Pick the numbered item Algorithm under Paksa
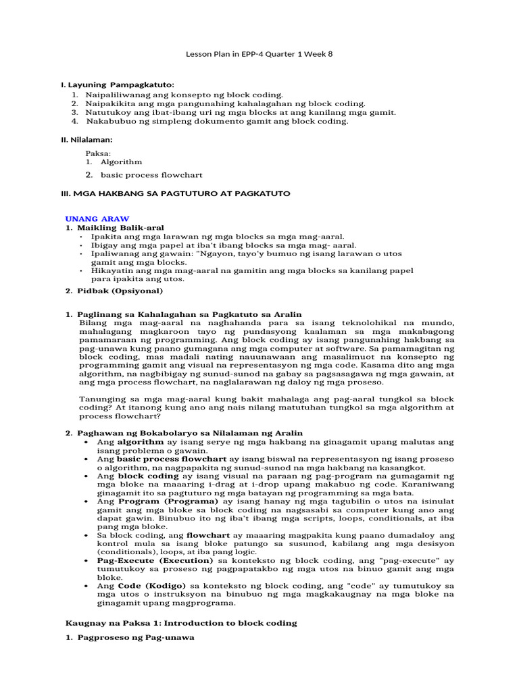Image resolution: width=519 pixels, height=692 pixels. coord(121,162)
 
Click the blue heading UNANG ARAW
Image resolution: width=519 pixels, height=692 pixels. coord(97,219)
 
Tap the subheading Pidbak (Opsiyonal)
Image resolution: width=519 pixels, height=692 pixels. coord(119,291)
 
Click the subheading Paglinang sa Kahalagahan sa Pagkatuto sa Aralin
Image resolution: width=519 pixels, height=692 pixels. coord(189,314)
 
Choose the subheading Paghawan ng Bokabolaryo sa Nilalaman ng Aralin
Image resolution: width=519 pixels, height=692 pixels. coord(189,432)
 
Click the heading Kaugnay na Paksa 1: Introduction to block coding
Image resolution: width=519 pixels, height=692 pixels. coord(181,622)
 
